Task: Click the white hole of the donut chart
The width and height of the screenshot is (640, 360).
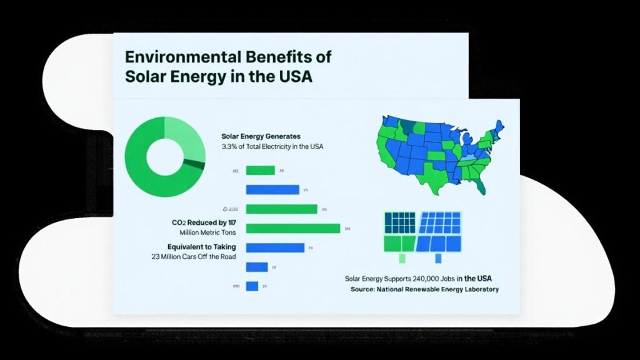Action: (x=165, y=157)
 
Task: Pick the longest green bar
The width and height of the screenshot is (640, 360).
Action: (x=293, y=228)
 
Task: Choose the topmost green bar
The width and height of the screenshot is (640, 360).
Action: (x=261, y=170)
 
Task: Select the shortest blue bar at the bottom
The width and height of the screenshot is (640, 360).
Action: (x=252, y=286)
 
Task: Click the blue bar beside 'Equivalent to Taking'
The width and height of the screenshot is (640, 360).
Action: (x=275, y=247)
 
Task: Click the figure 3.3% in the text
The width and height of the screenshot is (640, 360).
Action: (x=229, y=147)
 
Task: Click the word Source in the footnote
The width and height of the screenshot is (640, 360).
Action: (x=362, y=289)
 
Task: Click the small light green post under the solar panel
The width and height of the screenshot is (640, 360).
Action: (x=402, y=257)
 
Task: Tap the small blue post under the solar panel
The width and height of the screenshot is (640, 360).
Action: (x=440, y=257)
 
